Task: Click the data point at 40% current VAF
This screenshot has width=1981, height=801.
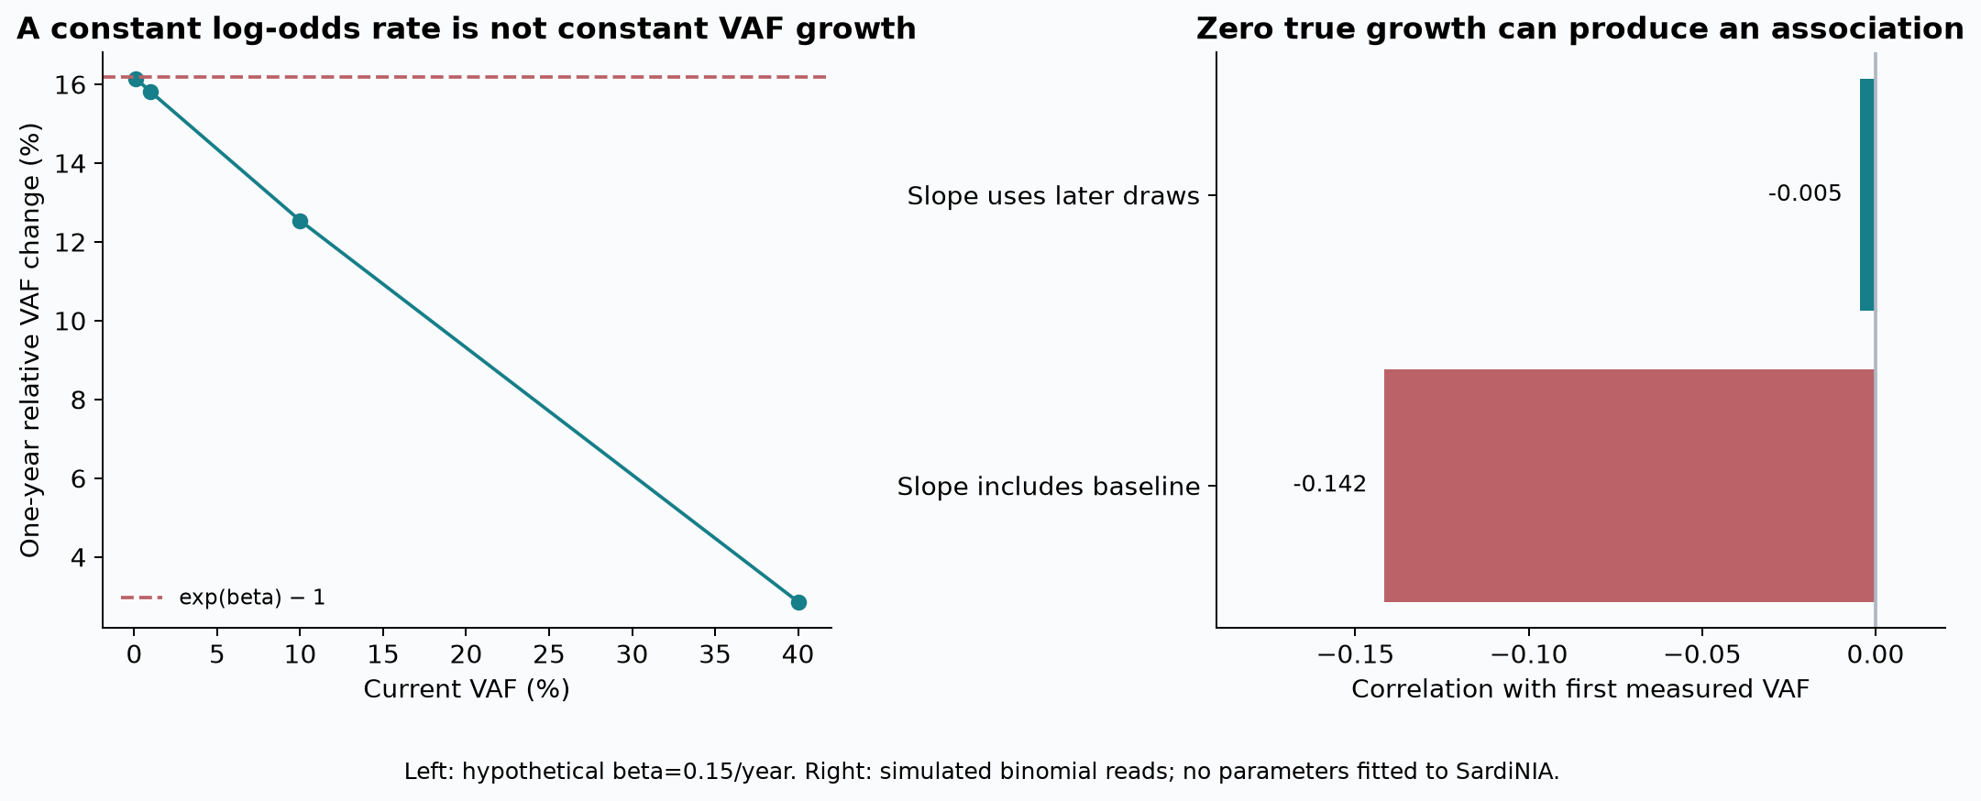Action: tap(798, 602)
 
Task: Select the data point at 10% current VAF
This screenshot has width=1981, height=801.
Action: tap(300, 221)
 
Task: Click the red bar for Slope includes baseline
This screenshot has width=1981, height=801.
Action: tap(1629, 486)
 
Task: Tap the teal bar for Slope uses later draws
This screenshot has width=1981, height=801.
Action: tap(1867, 194)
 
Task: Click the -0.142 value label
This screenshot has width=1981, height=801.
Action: tap(1329, 484)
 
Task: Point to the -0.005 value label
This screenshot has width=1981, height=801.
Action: tap(1804, 193)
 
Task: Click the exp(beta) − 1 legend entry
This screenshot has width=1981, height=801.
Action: tap(224, 598)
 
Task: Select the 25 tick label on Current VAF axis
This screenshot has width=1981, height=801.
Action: tap(548, 654)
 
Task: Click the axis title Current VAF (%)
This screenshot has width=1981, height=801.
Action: tap(467, 689)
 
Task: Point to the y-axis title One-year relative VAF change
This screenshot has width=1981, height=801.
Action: tap(30, 340)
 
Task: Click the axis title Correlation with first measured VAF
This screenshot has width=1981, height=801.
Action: tap(1580, 689)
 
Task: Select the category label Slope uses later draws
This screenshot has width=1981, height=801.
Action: tap(1053, 196)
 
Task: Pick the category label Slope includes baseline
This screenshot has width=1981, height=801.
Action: tap(1049, 487)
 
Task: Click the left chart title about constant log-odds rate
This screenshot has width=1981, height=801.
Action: tap(467, 29)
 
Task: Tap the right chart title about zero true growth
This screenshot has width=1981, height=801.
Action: tap(1580, 29)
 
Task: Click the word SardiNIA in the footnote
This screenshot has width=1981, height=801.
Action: tap(1506, 772)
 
